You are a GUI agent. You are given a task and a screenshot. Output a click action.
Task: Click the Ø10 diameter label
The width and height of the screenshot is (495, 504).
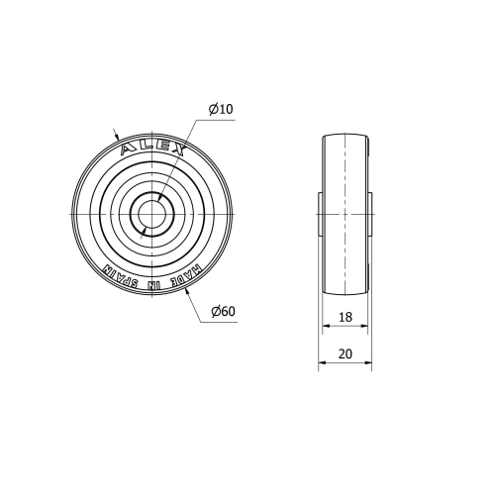(221, 109)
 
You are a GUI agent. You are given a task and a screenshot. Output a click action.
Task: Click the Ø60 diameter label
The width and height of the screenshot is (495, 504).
(223, 313)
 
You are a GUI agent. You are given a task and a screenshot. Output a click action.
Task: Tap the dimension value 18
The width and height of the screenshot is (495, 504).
(345, 317)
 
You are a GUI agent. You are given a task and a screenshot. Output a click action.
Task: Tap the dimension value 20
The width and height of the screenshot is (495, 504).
(345, 353)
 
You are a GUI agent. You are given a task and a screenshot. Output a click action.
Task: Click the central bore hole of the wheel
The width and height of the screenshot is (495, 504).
(153, 215)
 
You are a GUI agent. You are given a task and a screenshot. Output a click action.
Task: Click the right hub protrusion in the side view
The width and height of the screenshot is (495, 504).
(371, 215)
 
